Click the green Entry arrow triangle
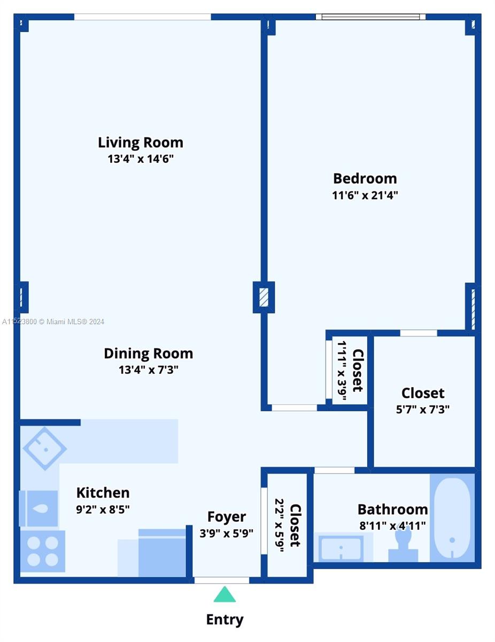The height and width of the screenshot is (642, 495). [x=225, y=595]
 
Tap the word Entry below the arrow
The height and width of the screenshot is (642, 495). [x=225, y=620]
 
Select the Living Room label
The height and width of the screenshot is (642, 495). [x=141, y=142]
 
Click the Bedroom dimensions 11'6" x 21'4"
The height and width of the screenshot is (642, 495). [x=365, y=195]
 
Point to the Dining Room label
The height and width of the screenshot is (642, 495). [x=148, y=353]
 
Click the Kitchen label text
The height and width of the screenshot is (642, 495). [x=103, y=492]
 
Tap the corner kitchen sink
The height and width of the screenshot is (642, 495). [x=45, y=448]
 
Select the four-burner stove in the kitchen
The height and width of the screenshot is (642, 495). [x=42, y=551]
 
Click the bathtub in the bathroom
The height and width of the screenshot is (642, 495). [x=452, y=518]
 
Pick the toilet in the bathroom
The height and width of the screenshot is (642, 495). [x=404, y=543]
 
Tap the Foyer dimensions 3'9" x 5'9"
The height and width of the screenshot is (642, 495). [x=227, y=533]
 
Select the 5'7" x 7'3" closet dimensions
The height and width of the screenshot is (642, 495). [x=423, y=410]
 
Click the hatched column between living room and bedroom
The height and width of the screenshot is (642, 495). [x=264, y=297]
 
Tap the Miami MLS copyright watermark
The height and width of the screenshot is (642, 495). [x=53, y=322]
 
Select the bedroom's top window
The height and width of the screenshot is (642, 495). [x=370, y=17]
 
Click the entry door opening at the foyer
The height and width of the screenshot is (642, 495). [x=221, y=580]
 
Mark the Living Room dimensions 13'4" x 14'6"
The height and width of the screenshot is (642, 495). [x=141, y=159]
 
